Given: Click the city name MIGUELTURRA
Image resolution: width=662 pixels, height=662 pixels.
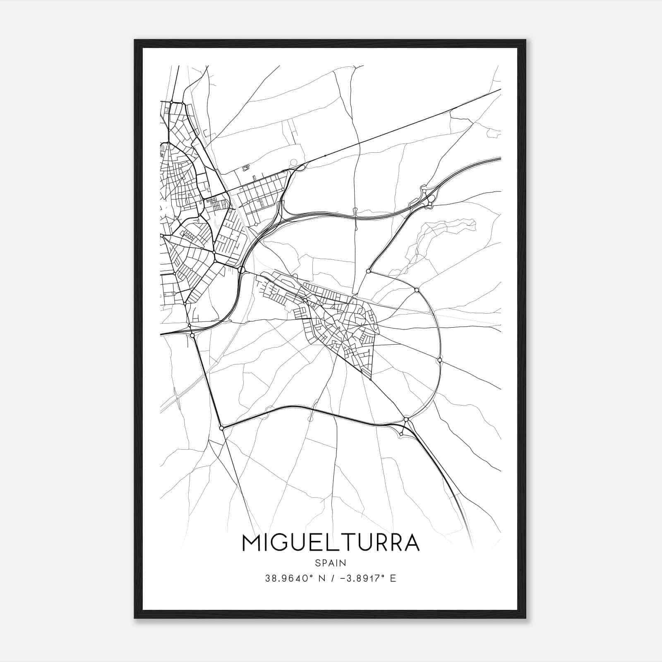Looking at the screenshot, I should [x=331, y=543].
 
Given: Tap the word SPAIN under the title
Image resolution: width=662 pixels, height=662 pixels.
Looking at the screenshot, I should [x=331, y=563].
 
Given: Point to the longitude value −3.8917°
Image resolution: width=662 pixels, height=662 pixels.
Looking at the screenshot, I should [x=361, y=578].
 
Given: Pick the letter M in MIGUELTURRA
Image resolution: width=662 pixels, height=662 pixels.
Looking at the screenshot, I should [x=251, y=543].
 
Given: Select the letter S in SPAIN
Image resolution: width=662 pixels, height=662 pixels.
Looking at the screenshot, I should [x=317, y=563].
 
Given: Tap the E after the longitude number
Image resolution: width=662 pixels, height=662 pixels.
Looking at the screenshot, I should [x=393, y=578].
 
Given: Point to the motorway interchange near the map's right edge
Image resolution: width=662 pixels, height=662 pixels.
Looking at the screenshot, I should [x=426, y=198].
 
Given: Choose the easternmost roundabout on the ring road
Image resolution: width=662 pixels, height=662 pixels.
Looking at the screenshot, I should [x=439, y=360].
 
